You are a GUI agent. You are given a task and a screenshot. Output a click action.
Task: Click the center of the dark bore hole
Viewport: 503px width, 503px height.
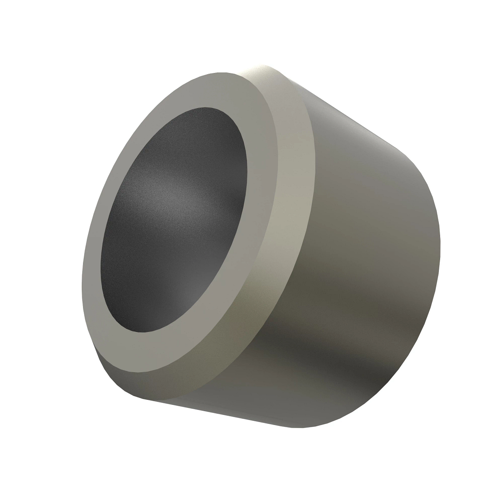(174, 220)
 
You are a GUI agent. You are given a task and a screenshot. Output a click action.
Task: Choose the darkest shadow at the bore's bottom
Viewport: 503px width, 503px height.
(159, 310)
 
